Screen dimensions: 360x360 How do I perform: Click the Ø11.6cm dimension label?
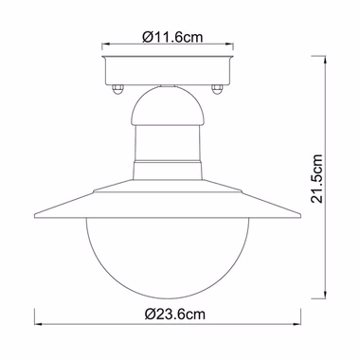pyautogui.click(x=172, y=37)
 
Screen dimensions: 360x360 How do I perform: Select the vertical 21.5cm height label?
pyautogui.click(x=316, y=179)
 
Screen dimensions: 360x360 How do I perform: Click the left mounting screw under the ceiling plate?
pyautogui.click(x=117, y=89)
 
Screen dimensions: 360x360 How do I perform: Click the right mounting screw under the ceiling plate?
pyautogui.click(x=217, y=89)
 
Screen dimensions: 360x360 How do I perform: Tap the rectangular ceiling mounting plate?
pyautogui.click(x=168, y=70)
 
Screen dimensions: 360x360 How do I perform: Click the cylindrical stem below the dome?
pyautogui.click(x=168, y=143)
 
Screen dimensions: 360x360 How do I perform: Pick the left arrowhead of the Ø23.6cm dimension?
pyautogui.click(x=38, y=324)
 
